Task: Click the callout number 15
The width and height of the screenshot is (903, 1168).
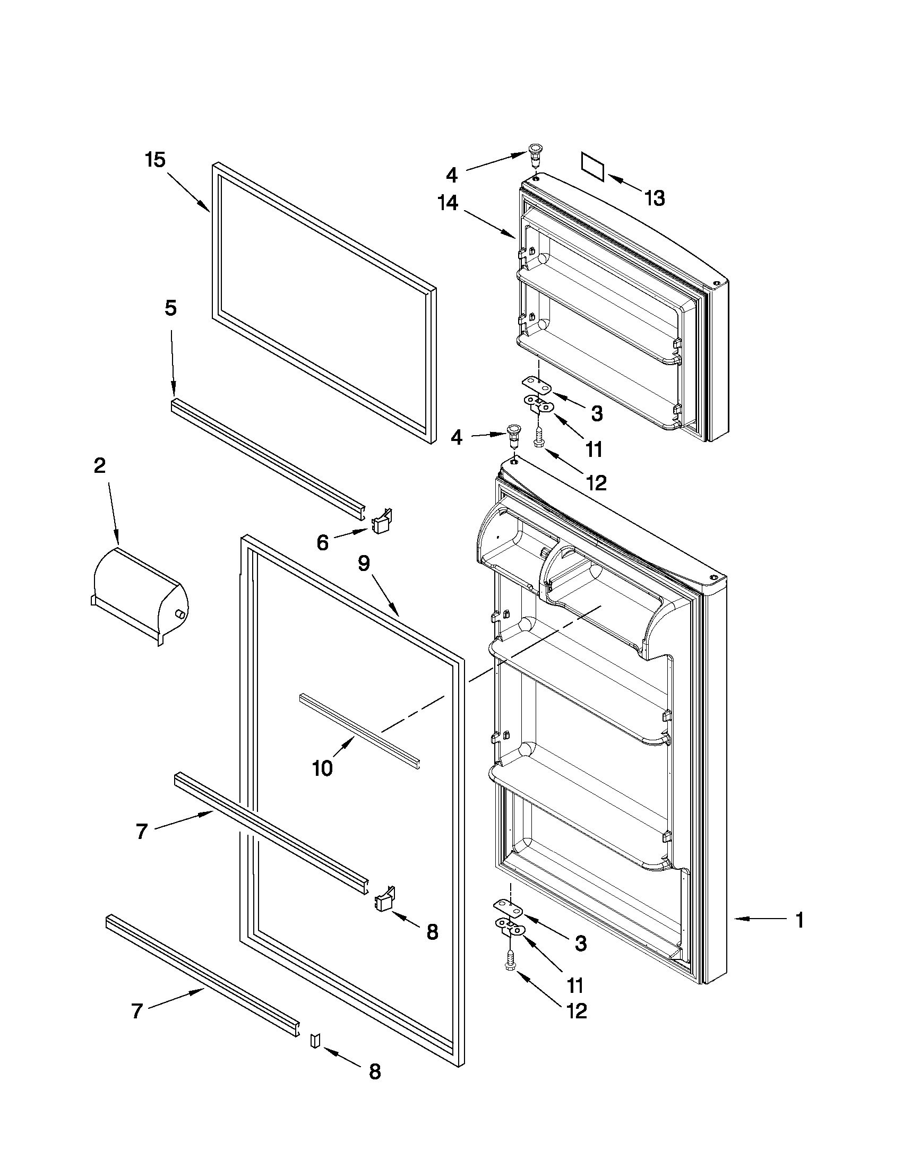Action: (156, 160)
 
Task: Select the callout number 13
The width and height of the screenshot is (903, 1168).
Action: (655, 198)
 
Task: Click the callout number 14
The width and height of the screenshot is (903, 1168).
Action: (448, 203)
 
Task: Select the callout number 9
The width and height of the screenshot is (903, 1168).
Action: (364, 564)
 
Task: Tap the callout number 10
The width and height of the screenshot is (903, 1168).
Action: (323, 768)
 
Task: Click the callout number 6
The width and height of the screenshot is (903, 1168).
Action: (322, 543)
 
